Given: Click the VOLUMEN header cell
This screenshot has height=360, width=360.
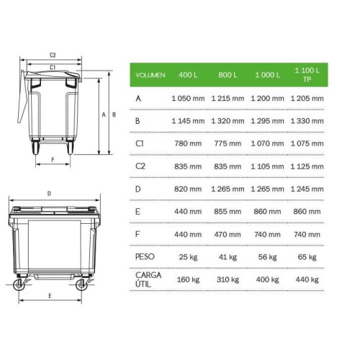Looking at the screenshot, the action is pos(150,75).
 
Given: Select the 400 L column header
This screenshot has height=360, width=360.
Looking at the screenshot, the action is pos(188,75).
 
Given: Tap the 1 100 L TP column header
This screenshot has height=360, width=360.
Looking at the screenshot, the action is pos(307,75).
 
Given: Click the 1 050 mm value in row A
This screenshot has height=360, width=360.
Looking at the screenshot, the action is pos(188,99).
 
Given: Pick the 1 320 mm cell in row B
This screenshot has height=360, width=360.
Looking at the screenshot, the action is pos(228,121).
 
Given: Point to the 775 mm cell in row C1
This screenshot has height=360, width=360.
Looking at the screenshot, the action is pos(228,143).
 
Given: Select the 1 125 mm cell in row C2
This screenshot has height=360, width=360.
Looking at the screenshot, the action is pos(307,166).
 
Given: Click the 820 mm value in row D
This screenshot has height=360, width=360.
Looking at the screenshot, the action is pos(188,189).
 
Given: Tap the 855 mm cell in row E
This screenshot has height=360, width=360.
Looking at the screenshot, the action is pos(228,212).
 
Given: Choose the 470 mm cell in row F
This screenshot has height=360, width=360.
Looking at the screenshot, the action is pos(228,234).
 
